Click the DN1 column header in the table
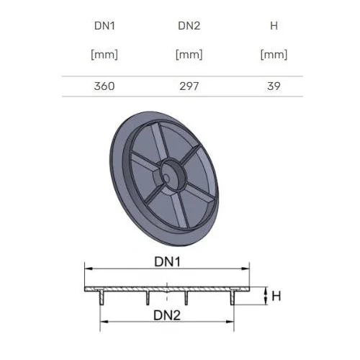point(104,26)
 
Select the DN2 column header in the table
point(189,26)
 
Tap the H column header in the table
point(274,26)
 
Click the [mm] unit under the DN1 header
point(104,55)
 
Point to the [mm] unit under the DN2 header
point(189,55)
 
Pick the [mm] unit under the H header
point(274,55)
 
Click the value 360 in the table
point(104,86)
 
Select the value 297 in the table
point(189,86)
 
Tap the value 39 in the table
point(274,86)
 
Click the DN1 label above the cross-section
point(167,261)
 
